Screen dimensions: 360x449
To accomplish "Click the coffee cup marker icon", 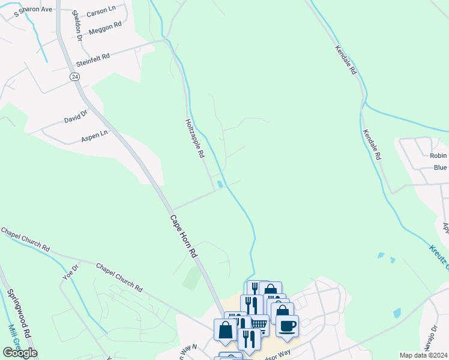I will [287, 326].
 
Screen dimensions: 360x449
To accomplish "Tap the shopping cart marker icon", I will [259, 325].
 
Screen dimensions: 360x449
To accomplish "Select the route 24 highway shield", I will [74, 77].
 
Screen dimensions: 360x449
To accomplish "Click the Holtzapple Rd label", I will [194, 137].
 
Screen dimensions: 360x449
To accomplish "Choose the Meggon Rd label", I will [105, 28].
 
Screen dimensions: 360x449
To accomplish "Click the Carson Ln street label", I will [100, 13].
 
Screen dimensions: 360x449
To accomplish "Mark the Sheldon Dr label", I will [76, 25].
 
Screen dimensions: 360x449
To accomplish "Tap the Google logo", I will [19, 353].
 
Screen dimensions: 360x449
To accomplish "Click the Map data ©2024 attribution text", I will [423, 355].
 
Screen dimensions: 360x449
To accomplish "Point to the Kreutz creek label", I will [439, 255].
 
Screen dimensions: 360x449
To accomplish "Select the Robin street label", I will [438, 155].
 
